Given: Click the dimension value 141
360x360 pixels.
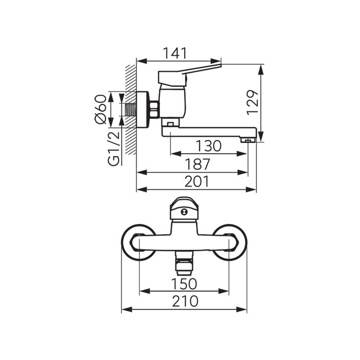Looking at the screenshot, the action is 175,53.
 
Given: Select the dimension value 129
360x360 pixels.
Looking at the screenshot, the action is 252,102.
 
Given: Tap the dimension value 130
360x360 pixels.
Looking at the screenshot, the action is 208,146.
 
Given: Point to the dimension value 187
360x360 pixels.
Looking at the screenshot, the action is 197,164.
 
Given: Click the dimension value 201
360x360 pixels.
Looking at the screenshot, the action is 197,181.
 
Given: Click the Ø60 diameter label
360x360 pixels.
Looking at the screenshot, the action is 101,109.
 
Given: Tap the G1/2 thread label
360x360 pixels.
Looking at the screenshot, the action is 114,148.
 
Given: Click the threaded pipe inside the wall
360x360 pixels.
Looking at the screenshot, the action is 130,110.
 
